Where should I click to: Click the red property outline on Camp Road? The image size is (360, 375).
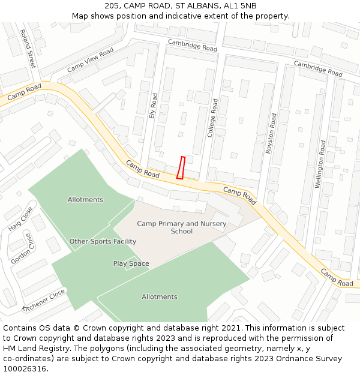[x=181, y=167]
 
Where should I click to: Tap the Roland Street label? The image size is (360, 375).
[x=28, y=49]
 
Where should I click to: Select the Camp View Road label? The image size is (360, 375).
[x=90, y=60]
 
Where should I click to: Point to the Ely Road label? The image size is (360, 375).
[x=153, y=106]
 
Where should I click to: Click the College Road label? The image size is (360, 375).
[x=212, y=118]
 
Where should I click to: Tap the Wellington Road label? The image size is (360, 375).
[x=320, y=164]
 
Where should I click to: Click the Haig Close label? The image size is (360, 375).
[x=21, y=219]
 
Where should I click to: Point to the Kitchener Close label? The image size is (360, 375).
[x=43, y=301]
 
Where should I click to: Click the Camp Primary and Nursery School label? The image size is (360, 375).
[x=182, y=227]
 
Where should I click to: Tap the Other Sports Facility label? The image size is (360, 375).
[x=103, y=241]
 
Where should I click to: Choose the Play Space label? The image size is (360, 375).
[x=131, y=263]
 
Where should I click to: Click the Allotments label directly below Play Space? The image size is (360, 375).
[x=160, y=296]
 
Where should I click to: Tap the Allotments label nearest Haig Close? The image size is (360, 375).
[x=85, y=200]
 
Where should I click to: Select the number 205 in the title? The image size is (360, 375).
[x=111, y=5]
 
